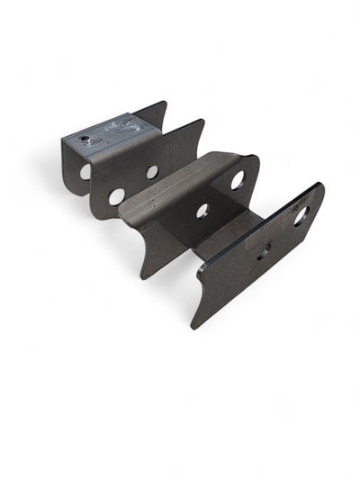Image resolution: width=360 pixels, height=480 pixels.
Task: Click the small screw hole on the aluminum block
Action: tap(84, 139)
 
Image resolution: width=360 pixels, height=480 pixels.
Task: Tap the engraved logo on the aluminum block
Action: tap(118, 127)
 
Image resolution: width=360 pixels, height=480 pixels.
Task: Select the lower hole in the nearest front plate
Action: tap(264, 252)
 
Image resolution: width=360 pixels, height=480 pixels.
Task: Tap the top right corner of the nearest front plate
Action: tap(319, 185)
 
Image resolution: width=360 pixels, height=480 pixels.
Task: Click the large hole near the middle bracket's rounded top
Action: tap(238, 180)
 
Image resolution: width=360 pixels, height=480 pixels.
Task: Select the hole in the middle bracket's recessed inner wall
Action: tap(202, 211)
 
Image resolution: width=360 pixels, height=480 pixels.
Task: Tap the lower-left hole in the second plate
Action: tap(117, 195)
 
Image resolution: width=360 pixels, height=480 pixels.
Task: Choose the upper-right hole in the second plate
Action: tap(152, 171)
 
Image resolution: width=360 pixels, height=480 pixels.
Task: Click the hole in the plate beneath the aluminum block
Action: tap(85, 170)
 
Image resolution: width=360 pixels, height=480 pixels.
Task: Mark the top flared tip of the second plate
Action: tap(200, 122)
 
